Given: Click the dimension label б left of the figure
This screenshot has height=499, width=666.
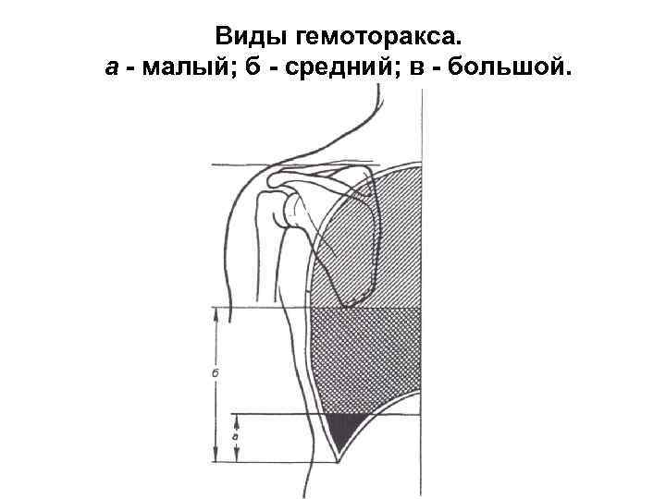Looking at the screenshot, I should click(x=215, y=374).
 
